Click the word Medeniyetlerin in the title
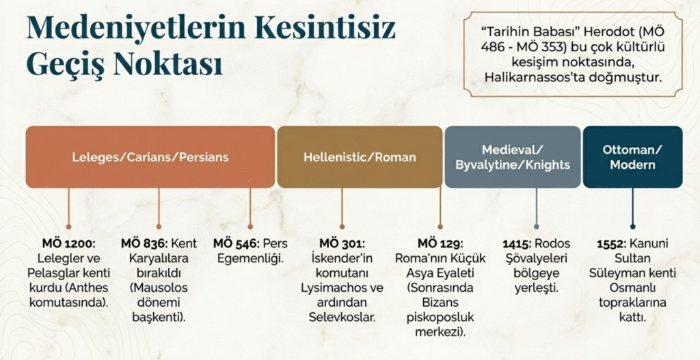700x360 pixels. click(x=136, y=27)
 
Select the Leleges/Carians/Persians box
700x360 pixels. click(x=150, y=157)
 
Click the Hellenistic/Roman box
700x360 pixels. click(x=360, y=157)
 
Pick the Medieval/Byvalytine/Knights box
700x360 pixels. click(x=513, y=157)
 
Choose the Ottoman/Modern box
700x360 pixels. click(x=632, y=157)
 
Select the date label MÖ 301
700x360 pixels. click(x=342, y=244)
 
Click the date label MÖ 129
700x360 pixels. click(x=440, y=244)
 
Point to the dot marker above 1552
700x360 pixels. click(x=632, y=227)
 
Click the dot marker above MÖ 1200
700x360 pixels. click(x=69, y=227)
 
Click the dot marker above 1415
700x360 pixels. click(x=536, y=227)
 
